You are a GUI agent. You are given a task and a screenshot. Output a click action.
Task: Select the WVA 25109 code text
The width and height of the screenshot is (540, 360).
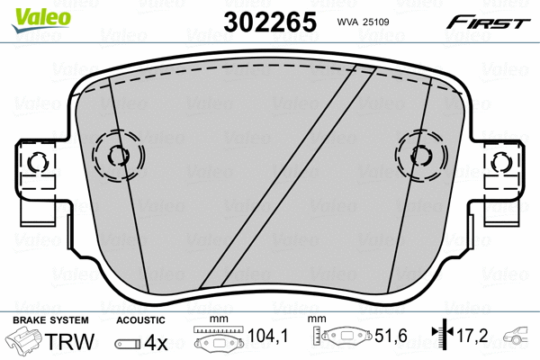(x=364, y=21)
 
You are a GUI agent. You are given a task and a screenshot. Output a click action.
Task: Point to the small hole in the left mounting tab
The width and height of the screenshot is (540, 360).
(x=37, y=163)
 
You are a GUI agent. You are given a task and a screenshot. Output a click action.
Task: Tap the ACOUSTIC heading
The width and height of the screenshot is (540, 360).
(x=140, y=320)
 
